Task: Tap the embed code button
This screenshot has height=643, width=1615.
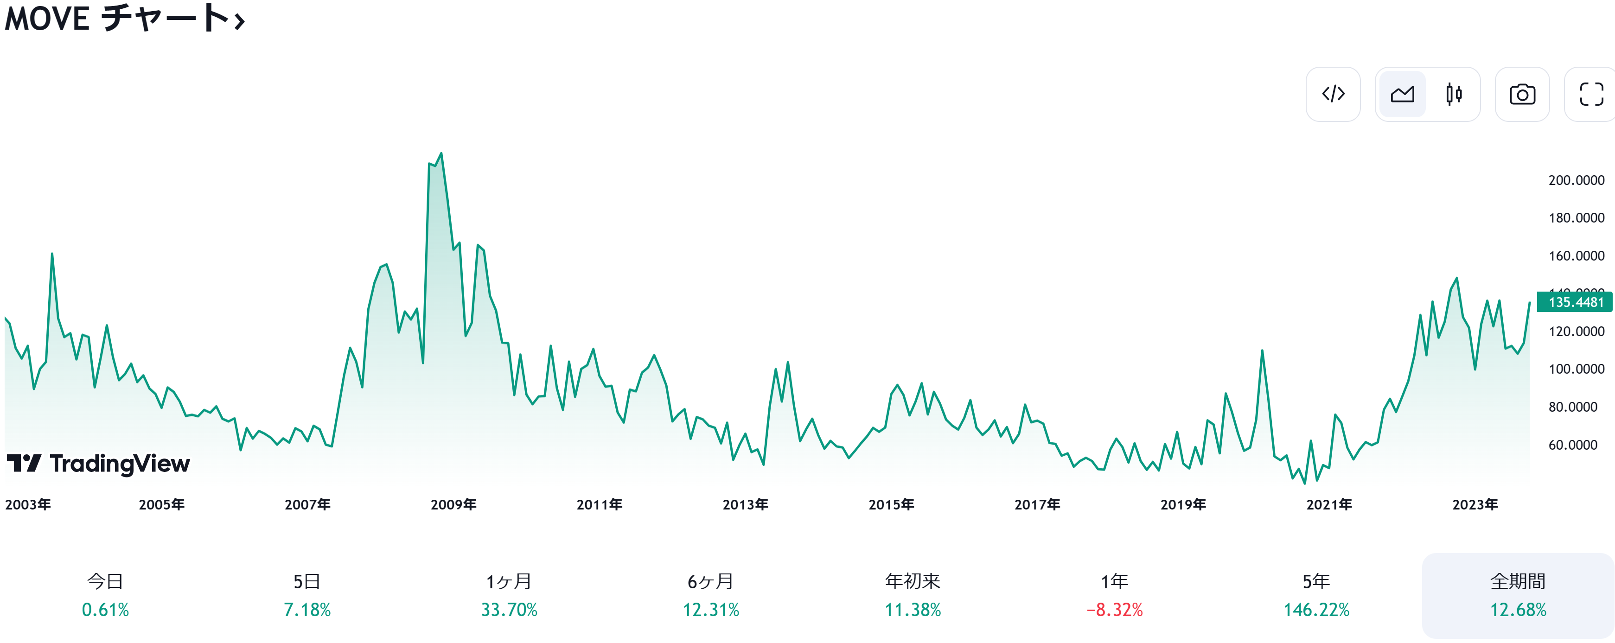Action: point(1333,94)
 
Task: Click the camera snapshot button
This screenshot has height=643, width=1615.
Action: point(1522,94)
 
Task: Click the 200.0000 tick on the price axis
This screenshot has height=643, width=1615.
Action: point(1576,180)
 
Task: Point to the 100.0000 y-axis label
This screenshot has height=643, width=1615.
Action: point(1576,369)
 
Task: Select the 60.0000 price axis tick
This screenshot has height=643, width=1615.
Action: point(1572,445)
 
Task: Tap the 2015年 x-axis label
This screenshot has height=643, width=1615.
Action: point(891,504)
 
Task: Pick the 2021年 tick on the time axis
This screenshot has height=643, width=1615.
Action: point(1328,504)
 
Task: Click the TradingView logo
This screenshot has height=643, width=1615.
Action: point(98,464)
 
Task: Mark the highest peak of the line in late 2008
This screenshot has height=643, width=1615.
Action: point(441,153)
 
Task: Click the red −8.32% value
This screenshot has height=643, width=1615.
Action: point(1114,610)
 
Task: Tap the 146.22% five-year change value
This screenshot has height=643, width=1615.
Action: point(1316,610)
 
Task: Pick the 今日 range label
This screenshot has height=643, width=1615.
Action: point(105,582)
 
